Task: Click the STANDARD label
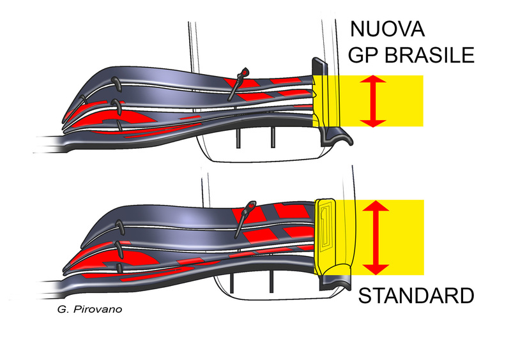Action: pyautogui.click(x=415, y=297)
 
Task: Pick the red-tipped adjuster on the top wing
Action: pyautogui.click(x=240, y=80)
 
